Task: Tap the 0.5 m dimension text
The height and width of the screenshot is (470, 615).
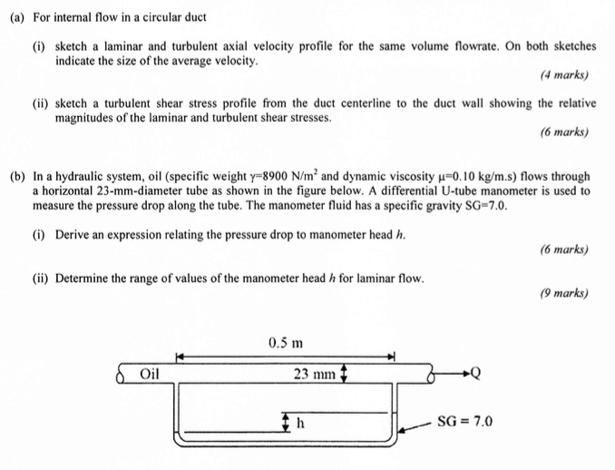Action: pos(286,342)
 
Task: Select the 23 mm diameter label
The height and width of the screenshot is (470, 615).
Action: pos(314,373)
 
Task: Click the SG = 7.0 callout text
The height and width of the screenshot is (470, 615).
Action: pos(464,421)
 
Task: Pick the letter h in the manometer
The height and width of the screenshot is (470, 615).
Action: pos(298,421)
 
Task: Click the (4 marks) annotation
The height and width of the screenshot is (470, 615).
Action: pos(564,75)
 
